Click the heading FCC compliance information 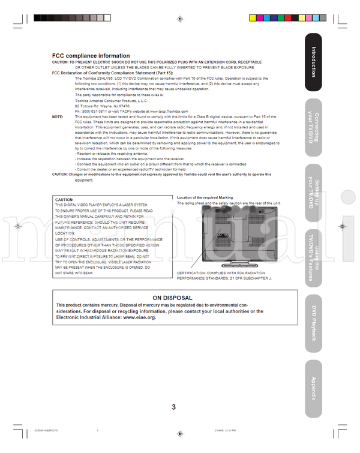(x=91, y=55)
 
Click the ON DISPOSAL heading (x=172, y=298)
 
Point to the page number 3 (x=173, y=407)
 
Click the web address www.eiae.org (x=139, y=317)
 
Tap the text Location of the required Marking (x=205, y=197)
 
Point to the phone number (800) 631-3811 (x=95, y=111)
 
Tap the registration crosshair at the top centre (x=180, y=19)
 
